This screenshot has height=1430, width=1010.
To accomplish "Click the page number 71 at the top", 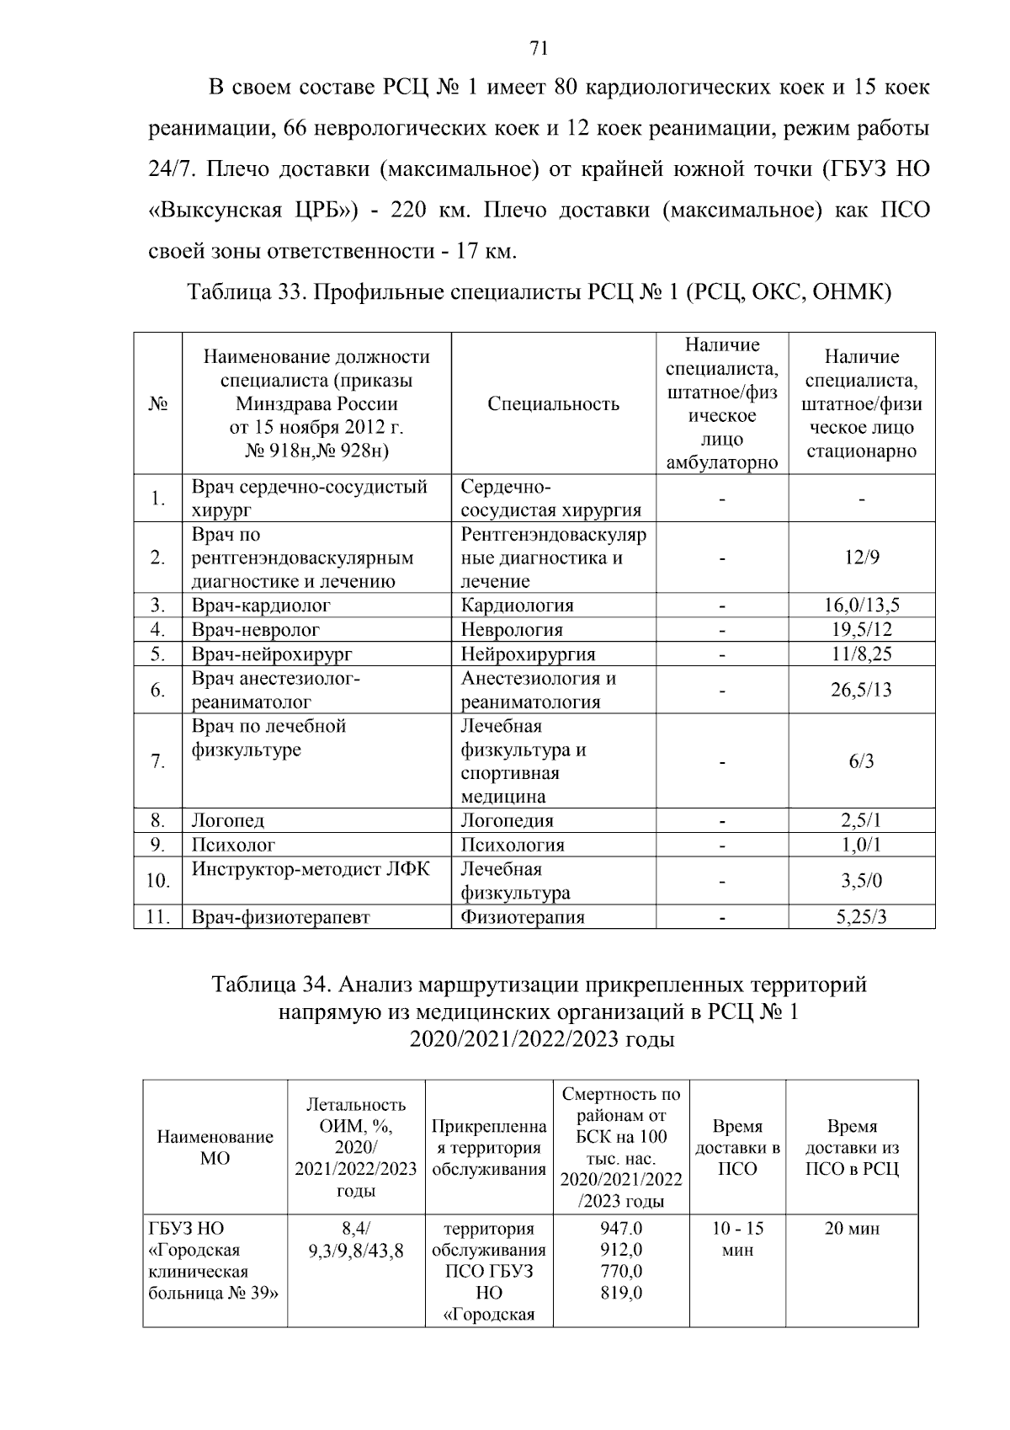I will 540,48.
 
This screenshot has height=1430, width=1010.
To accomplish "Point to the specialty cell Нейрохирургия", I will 528,654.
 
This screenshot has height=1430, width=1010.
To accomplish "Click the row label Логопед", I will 228,820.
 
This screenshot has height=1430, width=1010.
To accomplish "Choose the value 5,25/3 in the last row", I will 861,917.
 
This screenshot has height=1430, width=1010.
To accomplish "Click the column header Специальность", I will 553,403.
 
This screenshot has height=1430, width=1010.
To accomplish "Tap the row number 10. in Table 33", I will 158,881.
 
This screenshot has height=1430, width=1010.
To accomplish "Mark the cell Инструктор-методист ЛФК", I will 311,869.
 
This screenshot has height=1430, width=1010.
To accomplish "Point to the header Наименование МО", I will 215,1147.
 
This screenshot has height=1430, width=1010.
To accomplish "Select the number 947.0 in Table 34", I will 621,1229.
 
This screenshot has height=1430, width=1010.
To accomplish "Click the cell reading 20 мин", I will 852,1229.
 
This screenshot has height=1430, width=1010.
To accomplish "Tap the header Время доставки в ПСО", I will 737,1147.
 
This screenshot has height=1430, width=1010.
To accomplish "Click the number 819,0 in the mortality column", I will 621,1293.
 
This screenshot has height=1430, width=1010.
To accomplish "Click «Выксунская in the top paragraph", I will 214,210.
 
